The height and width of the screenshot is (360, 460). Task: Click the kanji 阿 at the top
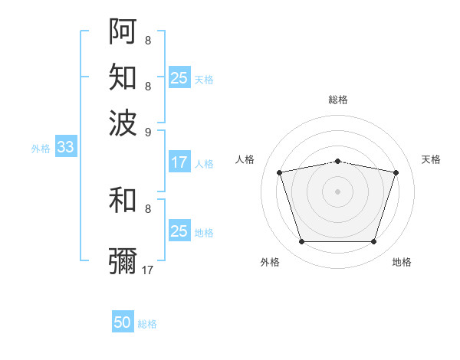(123, 30)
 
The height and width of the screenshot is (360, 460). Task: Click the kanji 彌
(123, 261)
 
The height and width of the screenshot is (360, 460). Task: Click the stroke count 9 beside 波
(148, 131)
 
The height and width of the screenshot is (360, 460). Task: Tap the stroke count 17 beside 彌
(149, 270)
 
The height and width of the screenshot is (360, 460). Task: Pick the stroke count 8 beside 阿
(147, 40)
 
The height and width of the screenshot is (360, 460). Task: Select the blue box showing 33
(65, 147)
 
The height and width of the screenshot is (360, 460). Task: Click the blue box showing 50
(123, 322)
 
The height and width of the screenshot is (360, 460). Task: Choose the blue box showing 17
(179, 162)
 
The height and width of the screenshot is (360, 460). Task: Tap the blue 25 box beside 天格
(179, 77)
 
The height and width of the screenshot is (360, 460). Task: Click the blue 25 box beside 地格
(179, 231)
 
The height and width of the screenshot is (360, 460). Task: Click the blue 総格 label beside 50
(147, 324)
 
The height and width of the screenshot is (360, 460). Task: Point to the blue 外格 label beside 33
(40, 149)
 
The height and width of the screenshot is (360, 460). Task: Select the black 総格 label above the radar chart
(337, 100)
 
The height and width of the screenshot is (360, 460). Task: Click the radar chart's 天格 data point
(396, 172)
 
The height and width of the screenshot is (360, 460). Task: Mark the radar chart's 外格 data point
(301, 242)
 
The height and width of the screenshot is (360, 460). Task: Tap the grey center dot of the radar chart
(337, 191)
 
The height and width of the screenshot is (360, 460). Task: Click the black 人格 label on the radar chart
(245, 159)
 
